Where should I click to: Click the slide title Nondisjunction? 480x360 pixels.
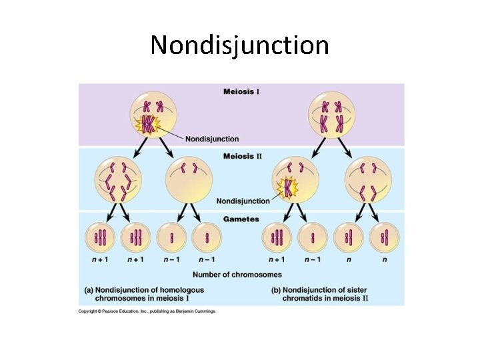coord(239,45)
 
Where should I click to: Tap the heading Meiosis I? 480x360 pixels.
coord(241,91)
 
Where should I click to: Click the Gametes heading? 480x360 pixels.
coord(241,219)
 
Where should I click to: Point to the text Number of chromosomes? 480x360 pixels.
coord(237,275)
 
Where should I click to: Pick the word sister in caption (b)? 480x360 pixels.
coord(353,290)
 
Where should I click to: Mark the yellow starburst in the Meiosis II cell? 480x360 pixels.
coord(288,188)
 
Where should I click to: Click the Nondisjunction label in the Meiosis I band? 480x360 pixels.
coord(211,139)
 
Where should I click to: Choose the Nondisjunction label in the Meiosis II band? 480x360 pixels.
coord(243,201)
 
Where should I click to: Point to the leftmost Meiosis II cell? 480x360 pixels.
coord(117,181)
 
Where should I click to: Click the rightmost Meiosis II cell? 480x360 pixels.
coord(367,181)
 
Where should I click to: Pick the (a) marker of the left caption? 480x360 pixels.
coord(89,290)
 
